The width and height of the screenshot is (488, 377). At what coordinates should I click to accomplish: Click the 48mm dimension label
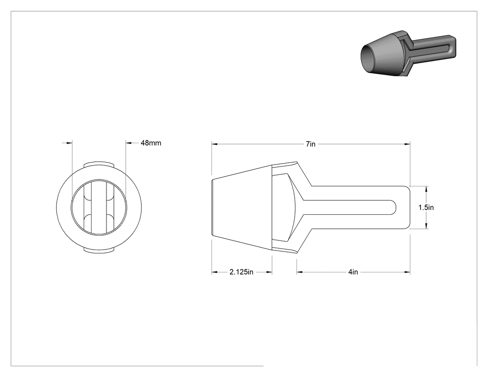151,143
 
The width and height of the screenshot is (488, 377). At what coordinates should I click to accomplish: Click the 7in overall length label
310,144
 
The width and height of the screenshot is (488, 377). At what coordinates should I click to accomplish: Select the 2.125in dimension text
241,272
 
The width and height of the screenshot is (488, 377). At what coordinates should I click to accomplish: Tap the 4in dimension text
353,272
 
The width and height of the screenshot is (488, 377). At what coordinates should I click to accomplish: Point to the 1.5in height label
426,207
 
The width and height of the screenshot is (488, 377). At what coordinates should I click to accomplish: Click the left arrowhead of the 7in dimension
214,144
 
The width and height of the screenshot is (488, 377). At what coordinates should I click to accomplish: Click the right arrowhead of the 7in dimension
407,144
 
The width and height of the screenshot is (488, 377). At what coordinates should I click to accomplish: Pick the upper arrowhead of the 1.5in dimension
426,189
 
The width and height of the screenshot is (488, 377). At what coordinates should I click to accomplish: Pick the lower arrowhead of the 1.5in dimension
426,226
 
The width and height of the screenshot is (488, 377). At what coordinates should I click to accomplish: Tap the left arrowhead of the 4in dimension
299,272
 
